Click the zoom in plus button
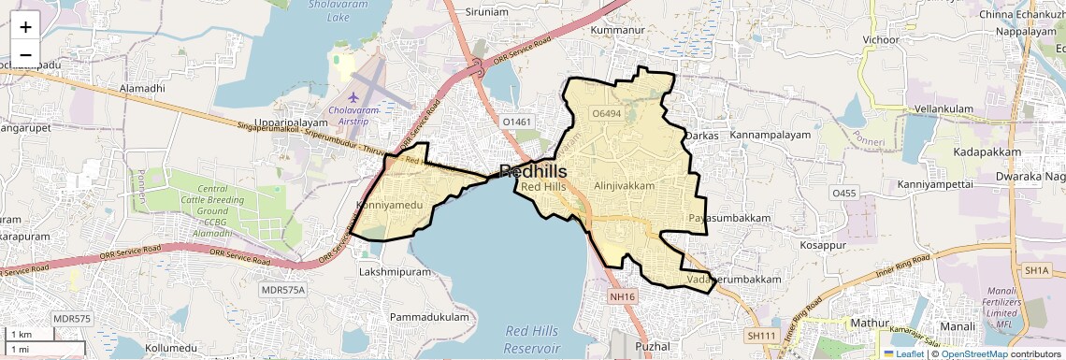25,27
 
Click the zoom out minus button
25,54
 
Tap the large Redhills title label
546,171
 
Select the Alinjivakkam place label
624,186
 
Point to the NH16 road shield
622,296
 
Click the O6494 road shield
607,113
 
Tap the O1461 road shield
516,122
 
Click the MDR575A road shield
283,290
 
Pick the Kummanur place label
619,31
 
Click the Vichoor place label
881,40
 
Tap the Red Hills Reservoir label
532,339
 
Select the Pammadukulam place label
429,318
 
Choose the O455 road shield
843,193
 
